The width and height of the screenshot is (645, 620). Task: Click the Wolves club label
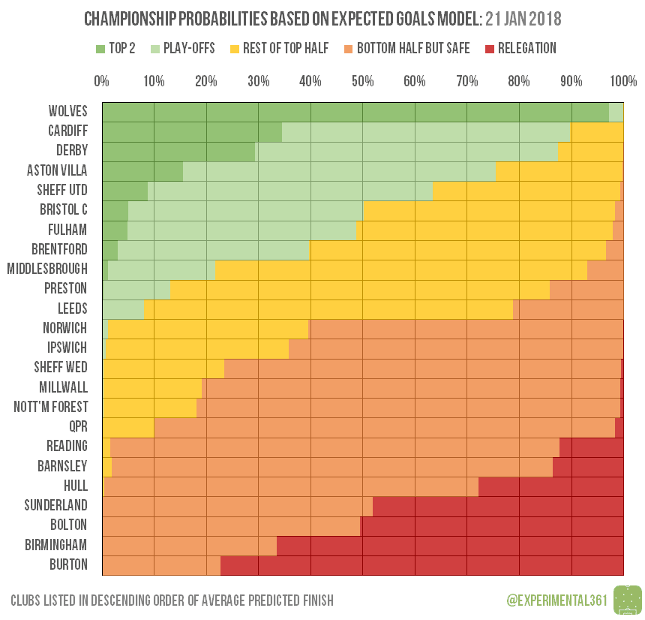point(68,111)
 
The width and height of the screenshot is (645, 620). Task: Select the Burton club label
point(68,564)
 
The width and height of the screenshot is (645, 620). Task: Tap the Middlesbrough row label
point(47,269)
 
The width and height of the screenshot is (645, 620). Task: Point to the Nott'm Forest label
point(51,407)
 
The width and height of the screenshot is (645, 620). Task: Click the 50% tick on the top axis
point(363,81)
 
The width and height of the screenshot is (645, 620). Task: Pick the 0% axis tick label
point(102,81)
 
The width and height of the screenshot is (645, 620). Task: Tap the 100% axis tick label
point(623,81)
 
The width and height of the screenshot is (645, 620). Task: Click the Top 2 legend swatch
point(100,49)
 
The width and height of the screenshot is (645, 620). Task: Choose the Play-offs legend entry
point(183,49)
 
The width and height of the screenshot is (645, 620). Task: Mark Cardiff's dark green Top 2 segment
point(191,131)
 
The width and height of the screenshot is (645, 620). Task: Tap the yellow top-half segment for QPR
point(127,427)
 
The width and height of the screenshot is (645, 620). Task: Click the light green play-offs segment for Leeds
point(122,308)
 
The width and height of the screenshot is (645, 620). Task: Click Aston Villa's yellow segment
point(559,170)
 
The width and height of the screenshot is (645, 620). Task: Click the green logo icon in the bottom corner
point(628,600)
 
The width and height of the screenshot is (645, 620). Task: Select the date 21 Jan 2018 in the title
point(518,17)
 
